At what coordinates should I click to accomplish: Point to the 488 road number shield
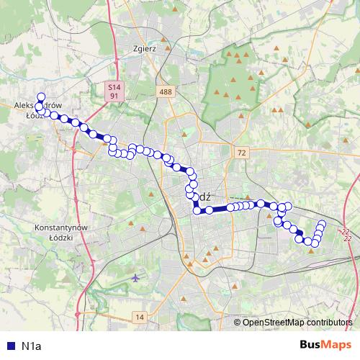tap(166, 91)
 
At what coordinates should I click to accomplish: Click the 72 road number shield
tap(241, 153)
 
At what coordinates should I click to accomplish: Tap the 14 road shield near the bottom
tap(140, 317)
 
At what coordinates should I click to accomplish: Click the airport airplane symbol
tap(137, 277)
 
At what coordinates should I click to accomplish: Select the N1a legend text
tap(32, 346)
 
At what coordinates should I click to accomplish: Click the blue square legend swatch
tap(10, 346)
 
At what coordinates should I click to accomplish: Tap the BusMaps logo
tap(325, 346)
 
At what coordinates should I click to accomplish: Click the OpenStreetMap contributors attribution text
tap(297, 323)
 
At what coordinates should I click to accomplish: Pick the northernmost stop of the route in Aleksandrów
tap(41, 97)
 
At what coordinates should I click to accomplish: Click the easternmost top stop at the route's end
tap(322, 223)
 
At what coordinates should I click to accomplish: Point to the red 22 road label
tap(346, 234)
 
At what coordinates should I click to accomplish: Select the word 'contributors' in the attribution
tap(330, 323)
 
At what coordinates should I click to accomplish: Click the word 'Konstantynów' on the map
tap(60, 227)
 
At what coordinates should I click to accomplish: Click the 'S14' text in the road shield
tap(113, 86)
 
